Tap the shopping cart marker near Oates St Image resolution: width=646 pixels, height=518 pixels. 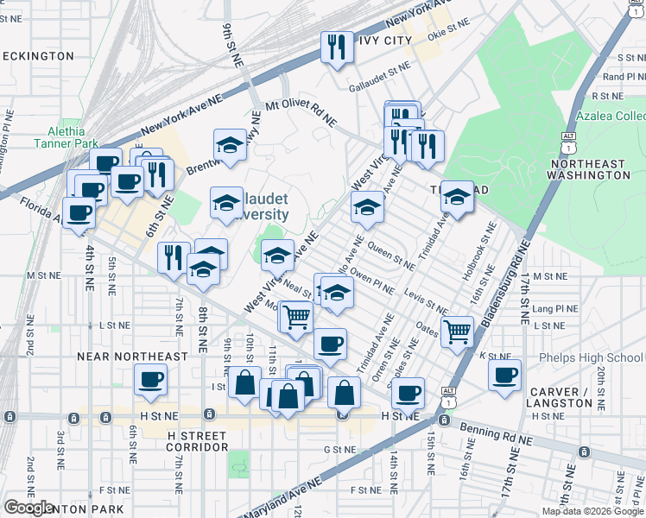click(457, 331)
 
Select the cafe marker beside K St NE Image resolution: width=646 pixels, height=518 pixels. click(504, 375)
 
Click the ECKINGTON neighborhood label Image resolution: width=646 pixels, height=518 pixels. click(38, 56)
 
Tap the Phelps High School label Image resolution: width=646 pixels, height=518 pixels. click(592, 357)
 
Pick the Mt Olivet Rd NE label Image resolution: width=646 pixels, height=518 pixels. click(301, 114)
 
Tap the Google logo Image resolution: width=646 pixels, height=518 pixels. click(28, 508)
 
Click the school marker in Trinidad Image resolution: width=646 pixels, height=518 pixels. click(456, 198)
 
